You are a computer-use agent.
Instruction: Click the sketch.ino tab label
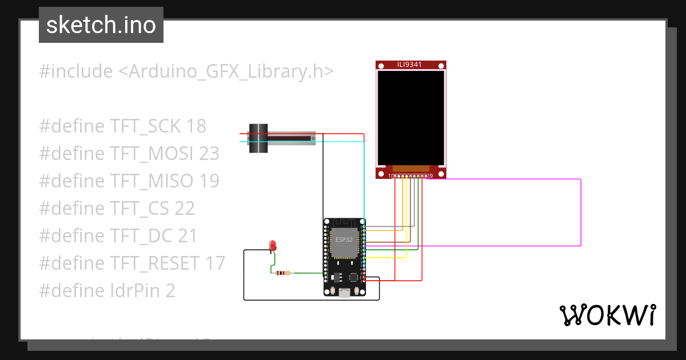click(x=101, y=25)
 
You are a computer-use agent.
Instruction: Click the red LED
click(x=273, y=246)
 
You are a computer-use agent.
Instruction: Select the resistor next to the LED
click(x=282, y=273)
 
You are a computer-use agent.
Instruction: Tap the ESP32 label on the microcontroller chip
click(x=344, y=239)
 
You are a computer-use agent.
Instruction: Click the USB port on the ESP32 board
click(x=344, y=293)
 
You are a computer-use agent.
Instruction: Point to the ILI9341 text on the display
click(x=410, y=65)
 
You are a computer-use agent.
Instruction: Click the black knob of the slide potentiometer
click(x=258, y=138)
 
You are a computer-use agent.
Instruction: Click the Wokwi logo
click(x=607, y=315)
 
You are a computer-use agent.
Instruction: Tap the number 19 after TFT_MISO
click(x=209, y=181)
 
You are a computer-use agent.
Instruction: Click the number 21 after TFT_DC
click(x=186, y=236)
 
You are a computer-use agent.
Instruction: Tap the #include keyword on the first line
click(x=76, y=72)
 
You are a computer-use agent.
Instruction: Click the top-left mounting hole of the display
click(x=381, y=67)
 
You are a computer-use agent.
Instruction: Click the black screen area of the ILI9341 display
click(x=410, y=117)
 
